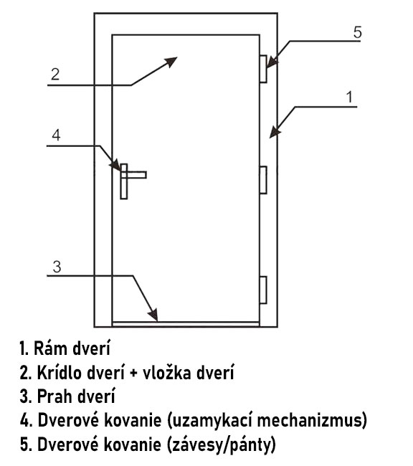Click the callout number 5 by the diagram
[358, 32]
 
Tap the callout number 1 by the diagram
[349, 98]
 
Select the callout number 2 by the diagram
[55, 74]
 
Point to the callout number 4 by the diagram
[56, 135]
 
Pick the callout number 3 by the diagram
[57, 267]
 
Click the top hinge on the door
[263, 69]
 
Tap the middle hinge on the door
[263, 180]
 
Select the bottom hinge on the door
[263, 290]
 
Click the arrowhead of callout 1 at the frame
[275, 132]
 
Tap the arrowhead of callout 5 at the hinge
[272, 62]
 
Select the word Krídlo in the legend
[60, 372]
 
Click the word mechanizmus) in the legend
[312, 421]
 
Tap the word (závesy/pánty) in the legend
[221, 445]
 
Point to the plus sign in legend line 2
[134, 374]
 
